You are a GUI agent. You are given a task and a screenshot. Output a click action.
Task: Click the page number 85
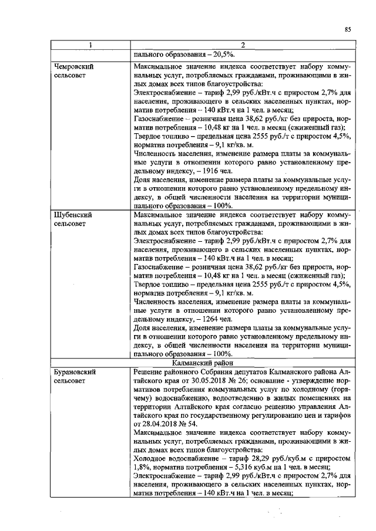(x=347, y=29)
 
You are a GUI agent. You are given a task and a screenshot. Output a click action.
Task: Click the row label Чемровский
(x=73, y=66)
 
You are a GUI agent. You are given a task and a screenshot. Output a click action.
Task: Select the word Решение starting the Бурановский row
(x=150, y=373)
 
